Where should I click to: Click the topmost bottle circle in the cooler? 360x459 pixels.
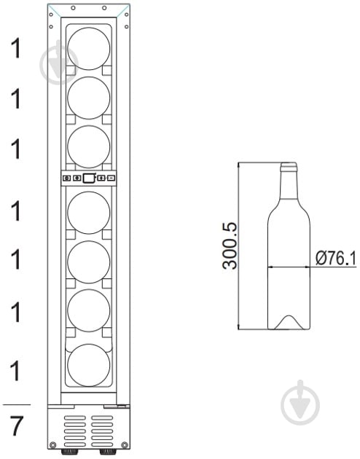pos(89,49)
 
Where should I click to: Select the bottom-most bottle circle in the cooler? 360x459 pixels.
pos(89,365)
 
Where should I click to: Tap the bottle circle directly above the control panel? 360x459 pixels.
pos(89,147)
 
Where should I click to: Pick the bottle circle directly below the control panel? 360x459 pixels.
pos(89,213)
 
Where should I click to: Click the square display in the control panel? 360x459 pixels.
pos(89,178)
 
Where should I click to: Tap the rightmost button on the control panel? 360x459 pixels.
pos(111,178)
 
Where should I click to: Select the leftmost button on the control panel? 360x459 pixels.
pos(67,178)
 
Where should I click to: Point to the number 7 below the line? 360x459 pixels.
pos(16,426)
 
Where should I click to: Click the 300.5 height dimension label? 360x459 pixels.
pos(230,246)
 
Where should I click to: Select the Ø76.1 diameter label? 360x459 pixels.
pos(336,258)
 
